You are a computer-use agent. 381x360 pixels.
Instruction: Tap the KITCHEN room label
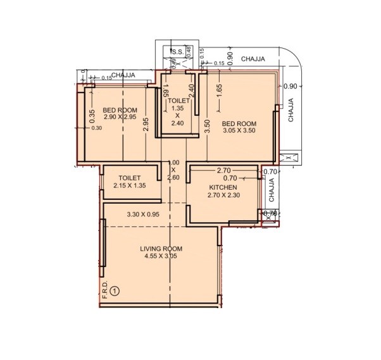pyautogui.click(x=223, y=188)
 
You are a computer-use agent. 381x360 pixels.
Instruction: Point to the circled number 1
pyautogui.click(x=115, y=291)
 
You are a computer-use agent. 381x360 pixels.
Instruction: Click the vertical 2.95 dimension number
pyautogui.click(x=146, y=125)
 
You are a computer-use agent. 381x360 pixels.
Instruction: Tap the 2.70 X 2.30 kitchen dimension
pyautogui.click(x=223, y=196)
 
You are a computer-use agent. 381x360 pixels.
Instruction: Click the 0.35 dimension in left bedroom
pyautogui.click(x=92, y=115)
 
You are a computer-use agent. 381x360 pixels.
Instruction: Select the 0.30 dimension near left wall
pyautogui.click(x=96, y=128)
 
